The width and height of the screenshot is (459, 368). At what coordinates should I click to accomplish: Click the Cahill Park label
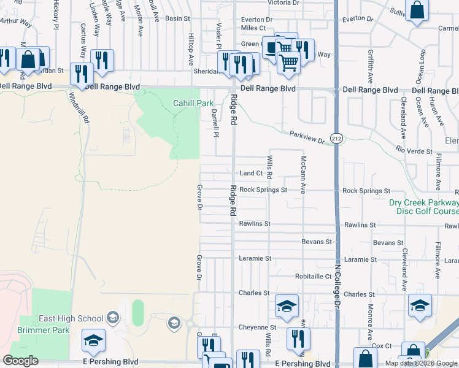[193, 104]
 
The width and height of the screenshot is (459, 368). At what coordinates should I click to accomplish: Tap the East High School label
[71, 318]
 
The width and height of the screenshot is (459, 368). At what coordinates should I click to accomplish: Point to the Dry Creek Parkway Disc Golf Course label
[423, 207]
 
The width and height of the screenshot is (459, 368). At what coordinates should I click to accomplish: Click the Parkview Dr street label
[307, 137]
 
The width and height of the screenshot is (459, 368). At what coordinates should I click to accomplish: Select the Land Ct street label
[251, 174]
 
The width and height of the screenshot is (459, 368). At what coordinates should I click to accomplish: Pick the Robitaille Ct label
[313, 277]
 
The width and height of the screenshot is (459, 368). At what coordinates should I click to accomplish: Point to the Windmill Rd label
[79, 107]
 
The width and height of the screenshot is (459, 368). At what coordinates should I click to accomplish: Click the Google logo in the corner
[20, 361]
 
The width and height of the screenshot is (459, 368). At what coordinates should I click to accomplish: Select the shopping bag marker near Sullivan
[417, 10]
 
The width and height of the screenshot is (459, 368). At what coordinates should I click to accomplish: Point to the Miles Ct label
[253, 28]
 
